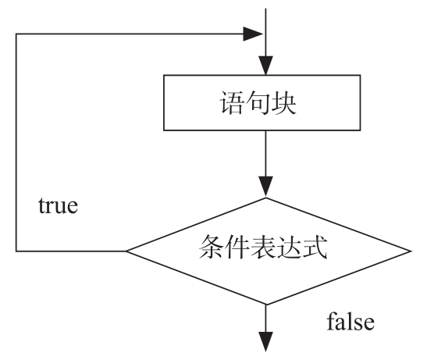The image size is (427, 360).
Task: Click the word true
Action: click(x=58, y=205)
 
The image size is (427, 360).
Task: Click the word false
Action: click(x=350, y=322)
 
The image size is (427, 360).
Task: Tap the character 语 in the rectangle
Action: click(x=231, y=103)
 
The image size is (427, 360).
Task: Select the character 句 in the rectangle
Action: click(x=258, y=103)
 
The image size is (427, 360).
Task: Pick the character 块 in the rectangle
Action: click(x=283, y=103)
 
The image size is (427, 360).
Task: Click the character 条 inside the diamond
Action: click(x=211, y=247)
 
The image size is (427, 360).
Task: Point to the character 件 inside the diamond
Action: click(x=237, y=247)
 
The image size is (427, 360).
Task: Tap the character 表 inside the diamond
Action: click(x=262, y=247)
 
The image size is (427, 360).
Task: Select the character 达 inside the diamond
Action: click(x=288, y=247)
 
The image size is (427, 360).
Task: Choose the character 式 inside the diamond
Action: click(x=315, y=247)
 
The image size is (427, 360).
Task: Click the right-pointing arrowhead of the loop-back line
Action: click(x=253, y=34)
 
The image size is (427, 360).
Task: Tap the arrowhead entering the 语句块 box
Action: click(x=265, y=66)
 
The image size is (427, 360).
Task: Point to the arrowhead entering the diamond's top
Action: click(x=265, y=187)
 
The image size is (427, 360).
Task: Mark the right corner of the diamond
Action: click(x=410, y=251)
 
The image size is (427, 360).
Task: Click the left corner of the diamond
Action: click(x=126, y=251)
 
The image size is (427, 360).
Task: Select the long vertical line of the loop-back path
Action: click(x=16, y=142)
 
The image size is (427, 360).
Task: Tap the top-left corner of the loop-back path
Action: click(x=16, y=34)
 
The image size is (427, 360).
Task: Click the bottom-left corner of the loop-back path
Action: click(x=16, y=251)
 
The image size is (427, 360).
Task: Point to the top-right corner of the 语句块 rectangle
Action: click(x=361, y=75)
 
